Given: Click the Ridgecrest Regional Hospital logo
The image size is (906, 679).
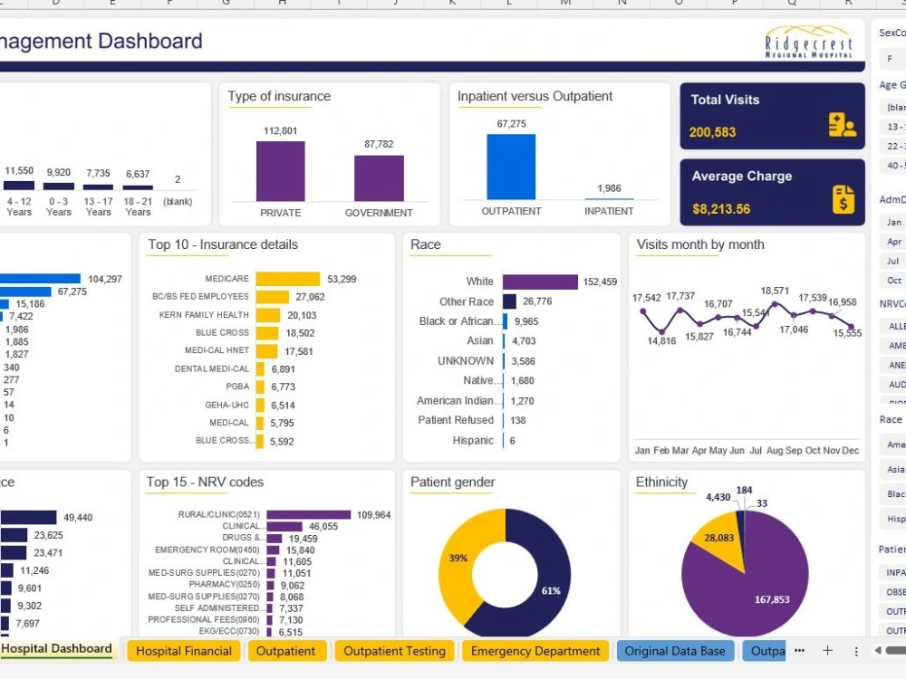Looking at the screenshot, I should [809, 42].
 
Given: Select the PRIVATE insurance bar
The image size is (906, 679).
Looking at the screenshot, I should [280, 171].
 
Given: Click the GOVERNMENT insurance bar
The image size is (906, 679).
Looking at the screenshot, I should [379, 178].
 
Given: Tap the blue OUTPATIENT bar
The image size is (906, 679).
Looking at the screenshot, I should [511, 167].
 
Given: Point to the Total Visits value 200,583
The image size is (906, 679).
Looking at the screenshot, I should [712, 132].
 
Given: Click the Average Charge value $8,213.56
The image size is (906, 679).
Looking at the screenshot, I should [721, 209].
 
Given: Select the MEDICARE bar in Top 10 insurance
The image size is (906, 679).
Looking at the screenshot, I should [287, 279].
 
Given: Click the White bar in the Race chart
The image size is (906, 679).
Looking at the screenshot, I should [540, 282].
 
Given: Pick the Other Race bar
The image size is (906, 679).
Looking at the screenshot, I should [509, 301].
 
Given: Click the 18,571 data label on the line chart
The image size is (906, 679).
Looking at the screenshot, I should [775, 291].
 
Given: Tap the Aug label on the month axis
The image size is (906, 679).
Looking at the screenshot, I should [775, 451].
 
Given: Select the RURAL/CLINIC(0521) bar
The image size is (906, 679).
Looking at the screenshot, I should [309, 515].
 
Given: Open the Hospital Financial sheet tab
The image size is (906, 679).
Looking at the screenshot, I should [184, 651].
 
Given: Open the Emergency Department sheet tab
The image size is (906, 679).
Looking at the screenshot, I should [535, 651].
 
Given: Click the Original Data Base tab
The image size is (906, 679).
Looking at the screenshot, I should [675, 651].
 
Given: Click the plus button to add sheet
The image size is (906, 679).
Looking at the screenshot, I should [827, 651].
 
